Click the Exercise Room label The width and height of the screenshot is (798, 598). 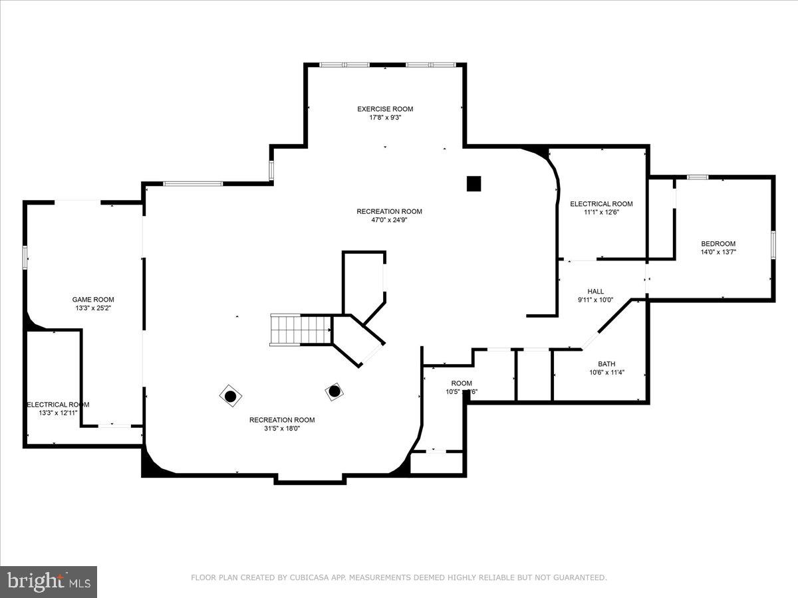(385, 109)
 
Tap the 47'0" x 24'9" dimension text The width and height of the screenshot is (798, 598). (389, 220)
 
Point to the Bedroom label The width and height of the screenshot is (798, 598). (718, 244)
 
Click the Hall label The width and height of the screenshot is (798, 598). (596, 292)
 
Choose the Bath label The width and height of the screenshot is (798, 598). (606, 363)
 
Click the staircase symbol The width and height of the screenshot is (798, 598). (301, 330)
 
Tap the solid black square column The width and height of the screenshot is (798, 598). (473, 183)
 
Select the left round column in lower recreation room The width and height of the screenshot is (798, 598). (230, 396)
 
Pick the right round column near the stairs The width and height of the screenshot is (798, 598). (334, 391)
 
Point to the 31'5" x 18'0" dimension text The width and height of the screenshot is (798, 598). (282, 429)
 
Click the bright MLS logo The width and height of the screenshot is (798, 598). (49, 582)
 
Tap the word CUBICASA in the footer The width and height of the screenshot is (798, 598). (307, 578)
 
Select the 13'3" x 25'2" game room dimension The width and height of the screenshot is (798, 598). (93, 308)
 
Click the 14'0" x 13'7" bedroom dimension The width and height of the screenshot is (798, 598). (718, 252)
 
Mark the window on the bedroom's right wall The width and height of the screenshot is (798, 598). (773, 244)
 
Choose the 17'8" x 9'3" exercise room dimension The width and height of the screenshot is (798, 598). (385, 118)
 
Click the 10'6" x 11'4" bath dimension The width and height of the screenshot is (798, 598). (606, 372)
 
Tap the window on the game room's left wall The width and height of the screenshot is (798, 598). (25, 257)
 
